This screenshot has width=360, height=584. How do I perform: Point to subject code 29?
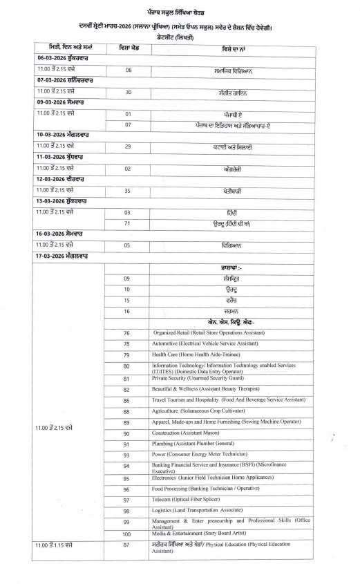tap(128, 147)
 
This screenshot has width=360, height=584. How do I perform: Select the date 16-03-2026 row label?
tap(66, 234)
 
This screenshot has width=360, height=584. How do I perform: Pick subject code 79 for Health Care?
tap(127, 355)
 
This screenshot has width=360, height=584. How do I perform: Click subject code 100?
tap(127, 535)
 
